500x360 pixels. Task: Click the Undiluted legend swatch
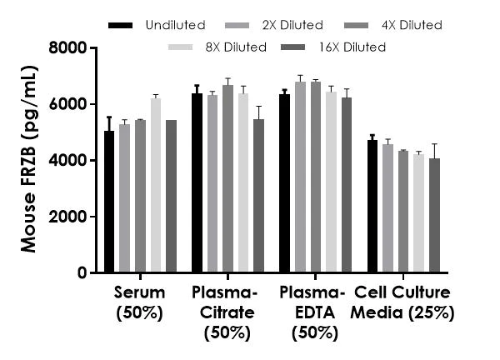(121, 25)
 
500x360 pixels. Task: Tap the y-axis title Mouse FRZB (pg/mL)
(28, 160)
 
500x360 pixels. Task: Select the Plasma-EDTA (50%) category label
(312, 313)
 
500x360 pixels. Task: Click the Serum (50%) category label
(140, 303)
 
